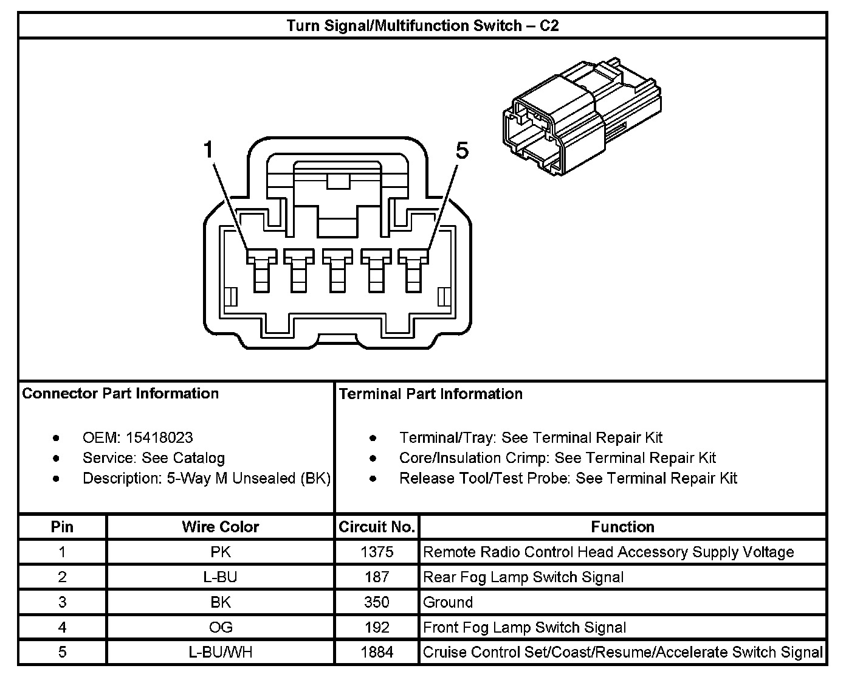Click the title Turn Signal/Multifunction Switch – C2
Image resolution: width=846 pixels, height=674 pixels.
422,26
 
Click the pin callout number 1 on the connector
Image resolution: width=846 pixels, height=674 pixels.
208,149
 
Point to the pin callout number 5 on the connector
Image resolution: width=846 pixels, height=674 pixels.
462,150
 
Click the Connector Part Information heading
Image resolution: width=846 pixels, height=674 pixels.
120,394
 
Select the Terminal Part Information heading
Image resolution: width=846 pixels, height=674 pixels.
430,394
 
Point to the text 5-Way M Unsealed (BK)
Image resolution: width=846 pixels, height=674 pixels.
249,478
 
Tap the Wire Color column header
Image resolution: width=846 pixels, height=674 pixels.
220,527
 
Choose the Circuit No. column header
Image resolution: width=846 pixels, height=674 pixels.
377,527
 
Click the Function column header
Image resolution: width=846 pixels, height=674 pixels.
622,527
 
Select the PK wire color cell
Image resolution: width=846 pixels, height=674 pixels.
220,552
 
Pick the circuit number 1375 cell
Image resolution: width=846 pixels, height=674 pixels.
377,552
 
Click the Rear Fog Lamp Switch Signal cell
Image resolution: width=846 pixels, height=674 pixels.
523,577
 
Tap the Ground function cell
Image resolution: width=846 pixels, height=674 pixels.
448,602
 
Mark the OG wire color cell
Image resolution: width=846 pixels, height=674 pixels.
220,627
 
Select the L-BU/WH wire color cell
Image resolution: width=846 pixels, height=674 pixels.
220,653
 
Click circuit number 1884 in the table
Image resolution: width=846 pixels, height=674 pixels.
377,653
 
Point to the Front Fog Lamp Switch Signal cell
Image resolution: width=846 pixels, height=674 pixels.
524,627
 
